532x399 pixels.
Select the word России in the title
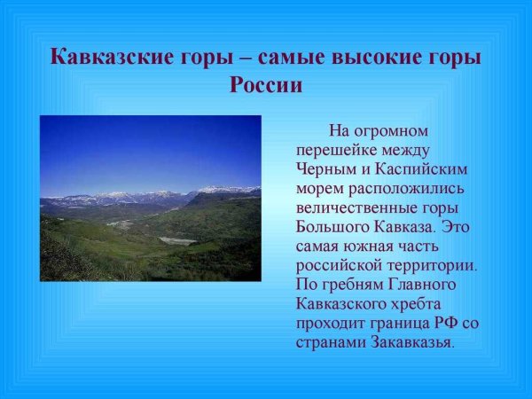(266, 86)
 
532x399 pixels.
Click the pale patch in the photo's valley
(177, 240)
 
